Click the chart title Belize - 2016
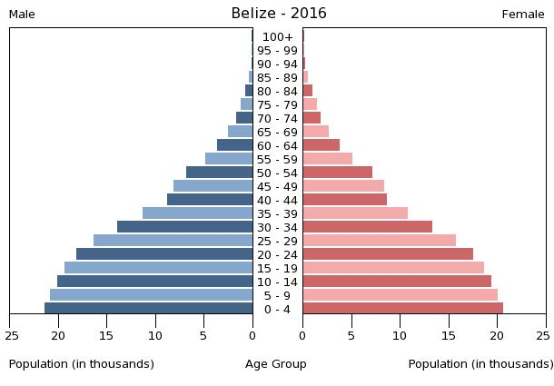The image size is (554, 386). (x=278, y=14)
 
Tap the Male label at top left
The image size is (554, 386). (x=22, y=15)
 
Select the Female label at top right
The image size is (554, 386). (x=523, y=15)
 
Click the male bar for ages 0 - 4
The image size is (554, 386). (x=149, y=309)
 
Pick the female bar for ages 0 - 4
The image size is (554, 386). (x=402, y=309)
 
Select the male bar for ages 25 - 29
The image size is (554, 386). (x=173, y=241)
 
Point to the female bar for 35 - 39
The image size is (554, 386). (x=355, y=213)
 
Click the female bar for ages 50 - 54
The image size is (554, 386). (x=337, y=173)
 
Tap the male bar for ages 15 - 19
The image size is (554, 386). (x=158, y=268)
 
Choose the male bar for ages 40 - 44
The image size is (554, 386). (x=210, y=200)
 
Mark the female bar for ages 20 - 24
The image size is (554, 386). (x=388, y=254)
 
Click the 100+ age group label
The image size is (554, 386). (x=277, y=37)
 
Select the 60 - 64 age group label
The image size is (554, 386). (x=277, y=146)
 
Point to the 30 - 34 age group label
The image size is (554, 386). (x=277, y=228)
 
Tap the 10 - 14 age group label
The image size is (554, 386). (x=277, y=282)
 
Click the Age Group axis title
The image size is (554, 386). (x=276, y=364)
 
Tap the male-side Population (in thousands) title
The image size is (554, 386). (x=82, y=364)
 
